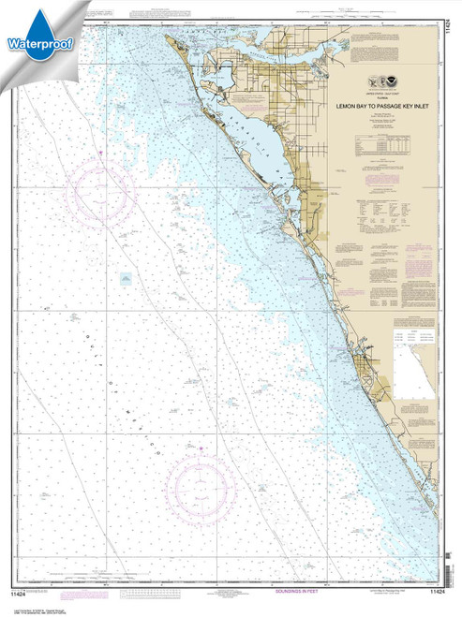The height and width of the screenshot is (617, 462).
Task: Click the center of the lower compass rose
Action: [x=200, y=487]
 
